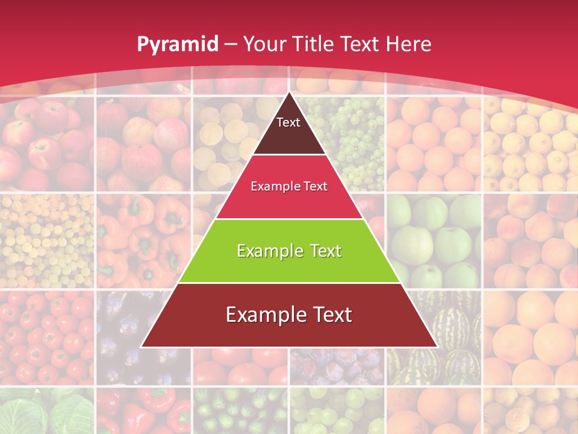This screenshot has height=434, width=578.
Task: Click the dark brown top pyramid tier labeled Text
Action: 288,130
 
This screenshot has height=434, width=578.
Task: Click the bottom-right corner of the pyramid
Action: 437,347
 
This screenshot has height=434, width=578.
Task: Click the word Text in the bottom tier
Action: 328,315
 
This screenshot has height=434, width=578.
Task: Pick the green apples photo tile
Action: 433,241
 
